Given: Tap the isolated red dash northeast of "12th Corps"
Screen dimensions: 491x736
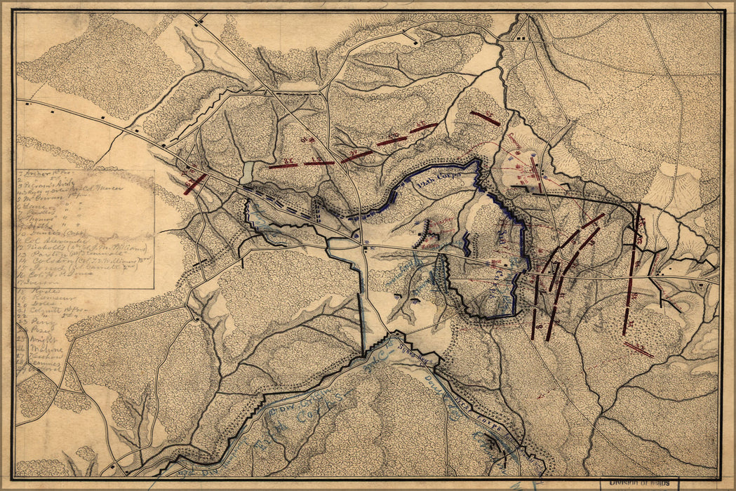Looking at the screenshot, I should coord(485,118).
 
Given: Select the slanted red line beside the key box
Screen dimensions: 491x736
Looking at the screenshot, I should coord(194,184).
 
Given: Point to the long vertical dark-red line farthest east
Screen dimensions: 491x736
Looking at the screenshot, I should coord(631,270).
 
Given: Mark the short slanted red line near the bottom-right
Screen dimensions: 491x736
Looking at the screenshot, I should coord(639,349).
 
